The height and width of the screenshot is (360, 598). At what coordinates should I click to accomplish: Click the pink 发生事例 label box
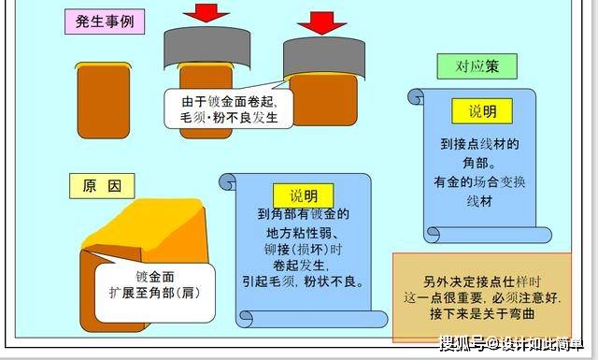[x=105, y=22]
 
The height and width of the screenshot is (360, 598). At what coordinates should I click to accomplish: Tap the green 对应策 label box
[x=477, y=66]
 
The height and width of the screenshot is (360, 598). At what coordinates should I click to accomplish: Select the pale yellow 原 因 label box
[x=102, y=186]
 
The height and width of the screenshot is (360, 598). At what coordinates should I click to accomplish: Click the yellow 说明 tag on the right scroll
[x=482, y=111]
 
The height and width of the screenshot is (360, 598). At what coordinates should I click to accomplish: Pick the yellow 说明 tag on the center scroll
[x=304, y=195]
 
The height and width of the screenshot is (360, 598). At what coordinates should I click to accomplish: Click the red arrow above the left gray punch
[x=206, y=12]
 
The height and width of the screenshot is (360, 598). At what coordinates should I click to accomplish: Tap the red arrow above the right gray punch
[x=321, y=22]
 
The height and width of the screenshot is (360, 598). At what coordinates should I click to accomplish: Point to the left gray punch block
[x=207, y=48]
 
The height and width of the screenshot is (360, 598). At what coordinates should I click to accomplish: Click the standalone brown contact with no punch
[x=104, y=100]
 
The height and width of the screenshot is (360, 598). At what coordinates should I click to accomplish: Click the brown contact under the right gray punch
[x=323, y=100]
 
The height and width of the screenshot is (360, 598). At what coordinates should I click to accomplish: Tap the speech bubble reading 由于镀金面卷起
[x=229, y=108]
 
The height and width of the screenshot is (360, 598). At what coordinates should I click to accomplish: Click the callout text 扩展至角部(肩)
[x=154, y=293]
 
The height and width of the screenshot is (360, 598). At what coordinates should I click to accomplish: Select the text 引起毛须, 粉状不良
[x=303, y=281]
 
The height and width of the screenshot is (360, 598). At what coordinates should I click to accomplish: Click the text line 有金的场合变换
[x=479, y=182]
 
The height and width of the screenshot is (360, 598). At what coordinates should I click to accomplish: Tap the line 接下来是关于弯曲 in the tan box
[x=482, y=314]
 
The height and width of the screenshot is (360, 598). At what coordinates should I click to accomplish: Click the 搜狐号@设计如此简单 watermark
[x=511, y=343]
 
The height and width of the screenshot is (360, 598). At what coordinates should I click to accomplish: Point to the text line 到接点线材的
[x=479, y=144]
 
